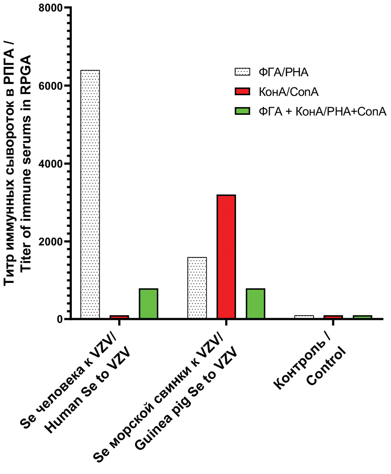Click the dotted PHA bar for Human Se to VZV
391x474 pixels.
click(90, 194)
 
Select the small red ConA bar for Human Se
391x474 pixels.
click(119, 317)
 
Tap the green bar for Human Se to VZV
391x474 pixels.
click(148, 304)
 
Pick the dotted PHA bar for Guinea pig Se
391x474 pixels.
click(197, 288)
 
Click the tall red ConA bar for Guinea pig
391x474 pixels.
click(226, 257)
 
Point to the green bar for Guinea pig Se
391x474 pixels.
click(256, 304)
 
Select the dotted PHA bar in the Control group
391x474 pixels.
click(304, 317)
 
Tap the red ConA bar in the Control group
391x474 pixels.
click(333, 317)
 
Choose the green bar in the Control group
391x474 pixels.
click(362, 317)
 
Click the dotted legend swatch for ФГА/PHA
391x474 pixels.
click(242, 72)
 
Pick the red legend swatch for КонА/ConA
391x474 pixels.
click(242, 91)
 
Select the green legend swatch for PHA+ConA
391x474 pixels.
click(242, 111)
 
